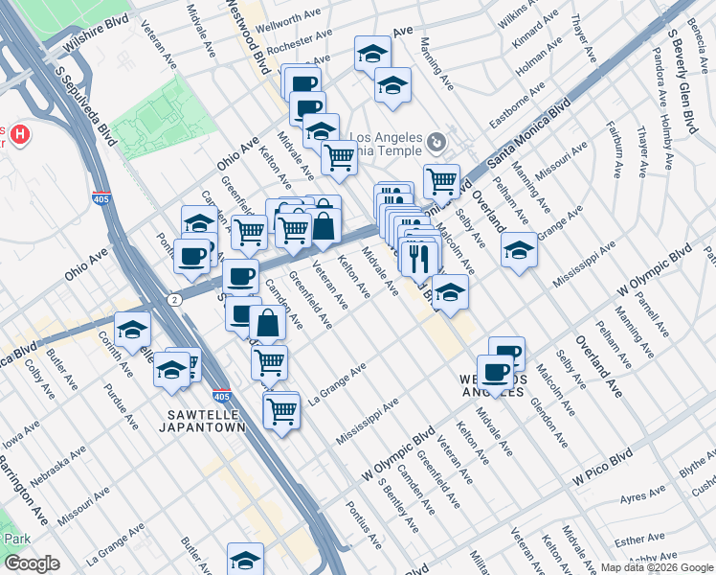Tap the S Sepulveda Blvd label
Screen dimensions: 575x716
[85, 105]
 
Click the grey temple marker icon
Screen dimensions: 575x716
[436, 143]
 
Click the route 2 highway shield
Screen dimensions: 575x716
[173, 300]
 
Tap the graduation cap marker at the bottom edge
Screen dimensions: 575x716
[245, 560]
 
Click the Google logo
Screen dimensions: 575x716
[32, 563]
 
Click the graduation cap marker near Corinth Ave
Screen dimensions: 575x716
[132, 331]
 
